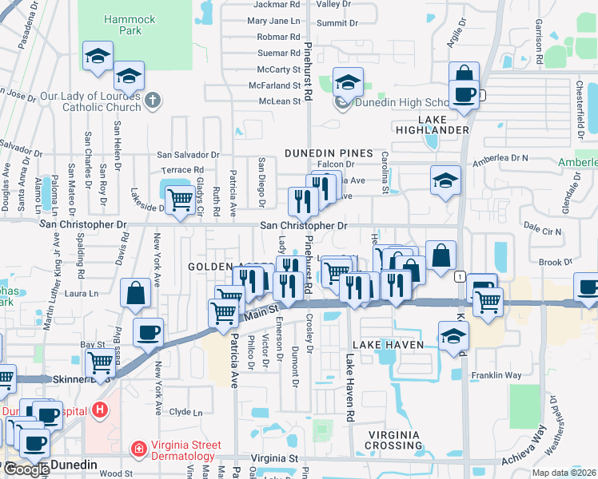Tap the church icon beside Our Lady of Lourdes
[153, 101]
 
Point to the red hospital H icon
[100, 410]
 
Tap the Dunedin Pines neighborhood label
[329, 152]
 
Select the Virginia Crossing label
[394, 440]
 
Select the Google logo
[26, 469]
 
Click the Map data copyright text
[564, 473]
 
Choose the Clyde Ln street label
[186, 412]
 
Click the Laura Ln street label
[81, 294]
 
